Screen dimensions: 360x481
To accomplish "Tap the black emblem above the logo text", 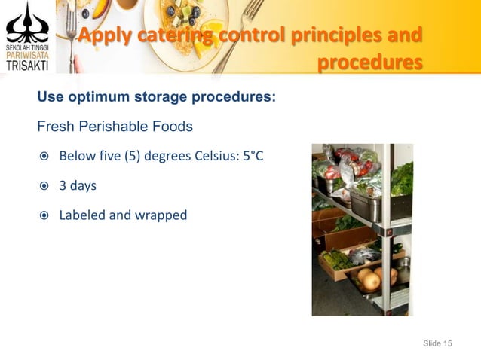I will [x=26, y=23].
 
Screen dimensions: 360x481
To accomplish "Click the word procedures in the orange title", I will [x=369, y=63].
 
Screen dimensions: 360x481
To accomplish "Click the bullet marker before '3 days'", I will [x=44, y=185].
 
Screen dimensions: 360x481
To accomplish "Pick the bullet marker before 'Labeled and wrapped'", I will [x=44, y=215].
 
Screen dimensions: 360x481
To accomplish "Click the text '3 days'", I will [x=78, y=185].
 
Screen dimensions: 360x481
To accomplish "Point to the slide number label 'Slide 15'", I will [x=437, y=343].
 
